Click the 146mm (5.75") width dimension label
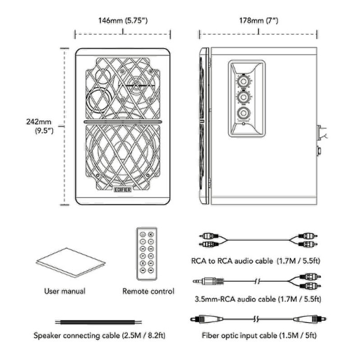pyautogui.click(x=123, y=21)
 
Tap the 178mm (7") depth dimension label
pyautogui.click(x=258, y=21)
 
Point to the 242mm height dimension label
pyautogui.click(x=40, y=126)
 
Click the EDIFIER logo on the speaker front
pyautogui.click(x=123, y=189)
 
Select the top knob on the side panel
pyautogui.click(x=243, y=81)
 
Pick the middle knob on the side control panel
pyautogui.click(x=243, y=97)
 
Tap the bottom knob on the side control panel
pyautogui.click(x=243, y=113)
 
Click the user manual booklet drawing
pyautogui.click(x=71, y=262)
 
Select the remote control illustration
pyautogui.click(x=147, y=254)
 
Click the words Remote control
pyautogui.click(x=148, y=291)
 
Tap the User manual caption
pyautogui.click(x=65, y=291)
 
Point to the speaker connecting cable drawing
pyautogui.click(x=98, y=322)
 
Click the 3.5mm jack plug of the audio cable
pyautogui.click(x=208, y=281)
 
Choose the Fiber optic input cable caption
pyautogui.click(x=259, y=335)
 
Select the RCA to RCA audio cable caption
pyautogui.click(x=256, y=261)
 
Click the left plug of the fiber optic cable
pyautogui.click(x=207, y=319)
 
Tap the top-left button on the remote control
pyautogui.click(x=143, y=234)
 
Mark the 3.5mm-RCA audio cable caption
pyautogui.click(x=258, y=299)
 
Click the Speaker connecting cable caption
pyautogui.click(x=99, y=335)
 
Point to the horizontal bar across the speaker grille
pyautogui.click(x=123, y=122)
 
